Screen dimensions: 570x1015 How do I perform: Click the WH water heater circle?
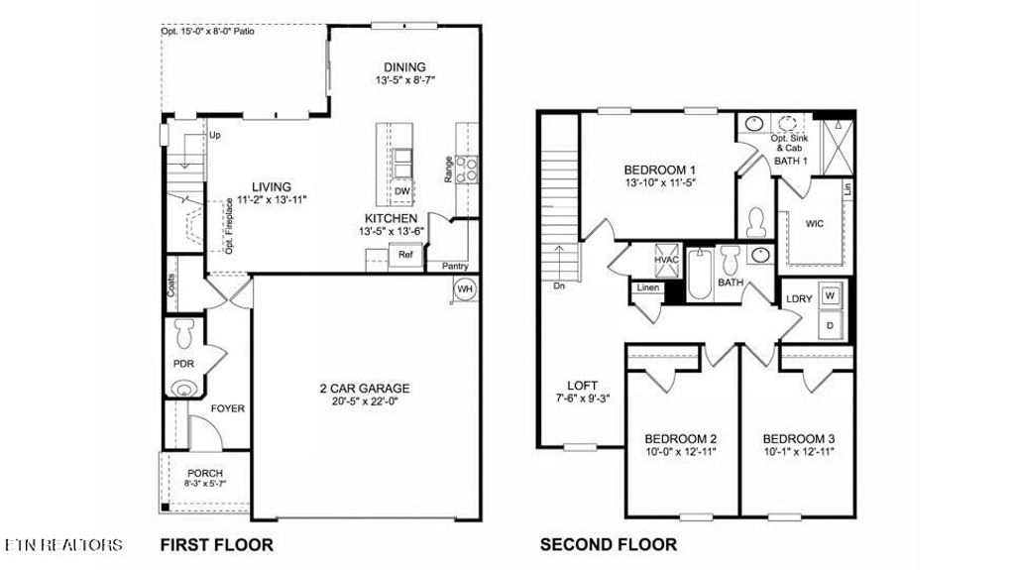tap(465, 289)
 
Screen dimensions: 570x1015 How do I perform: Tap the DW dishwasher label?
tap(402, 191)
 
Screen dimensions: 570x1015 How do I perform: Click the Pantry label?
tap(454, 266)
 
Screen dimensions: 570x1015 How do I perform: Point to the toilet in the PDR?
tap(183, 329)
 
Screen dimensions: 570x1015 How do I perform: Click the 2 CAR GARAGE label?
tap(365, 389)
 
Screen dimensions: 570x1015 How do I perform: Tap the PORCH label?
tap(205, 473)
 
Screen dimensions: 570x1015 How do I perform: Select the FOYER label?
tap(227, 408)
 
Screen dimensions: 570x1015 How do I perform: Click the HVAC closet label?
tap(665, 260)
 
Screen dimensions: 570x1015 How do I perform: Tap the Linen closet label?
tap(647, 288)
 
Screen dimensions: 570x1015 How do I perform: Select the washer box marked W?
tap(830, 295)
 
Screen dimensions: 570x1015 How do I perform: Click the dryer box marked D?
tap(830, 324)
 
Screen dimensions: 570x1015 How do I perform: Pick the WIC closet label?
tap(816, 223)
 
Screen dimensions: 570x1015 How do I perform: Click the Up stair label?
tap(213, 134)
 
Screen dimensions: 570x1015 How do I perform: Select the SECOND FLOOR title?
tap(608, 544)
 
